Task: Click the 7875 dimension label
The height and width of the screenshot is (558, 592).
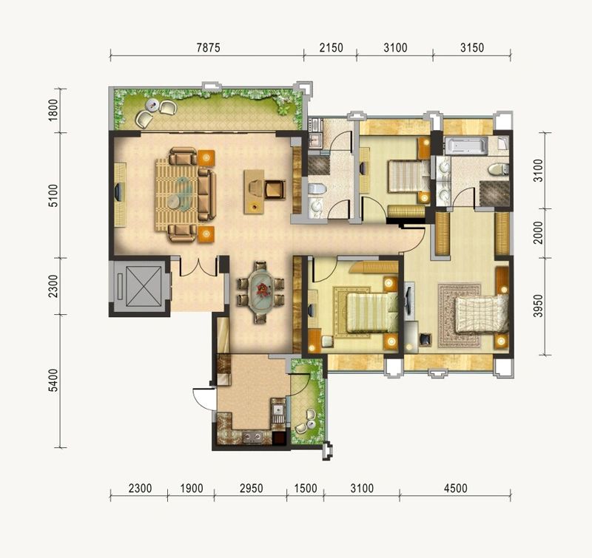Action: (x=208, y=48)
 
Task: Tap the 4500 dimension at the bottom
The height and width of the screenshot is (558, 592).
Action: (x=455, y=489)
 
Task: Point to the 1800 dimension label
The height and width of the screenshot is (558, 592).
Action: (x=53, y=109)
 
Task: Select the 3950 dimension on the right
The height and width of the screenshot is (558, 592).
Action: (x=538, y=306)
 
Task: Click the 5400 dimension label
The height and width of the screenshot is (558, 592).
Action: (x=53, y=381)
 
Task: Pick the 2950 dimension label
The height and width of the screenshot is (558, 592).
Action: (x=251, y=489)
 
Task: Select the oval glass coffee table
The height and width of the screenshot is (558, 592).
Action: (x=184, y=192)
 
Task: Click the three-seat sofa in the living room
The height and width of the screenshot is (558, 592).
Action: (x=207, y=194)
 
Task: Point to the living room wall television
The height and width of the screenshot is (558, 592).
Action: (x=118, y=192)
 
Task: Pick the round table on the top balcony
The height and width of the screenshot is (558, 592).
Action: (x=152, y=105)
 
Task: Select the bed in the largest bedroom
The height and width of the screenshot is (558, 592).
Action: (x=482, y=314)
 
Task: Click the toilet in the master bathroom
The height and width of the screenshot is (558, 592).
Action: (x=498, y=169)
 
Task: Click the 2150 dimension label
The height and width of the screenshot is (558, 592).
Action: (x=331, y=48)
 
